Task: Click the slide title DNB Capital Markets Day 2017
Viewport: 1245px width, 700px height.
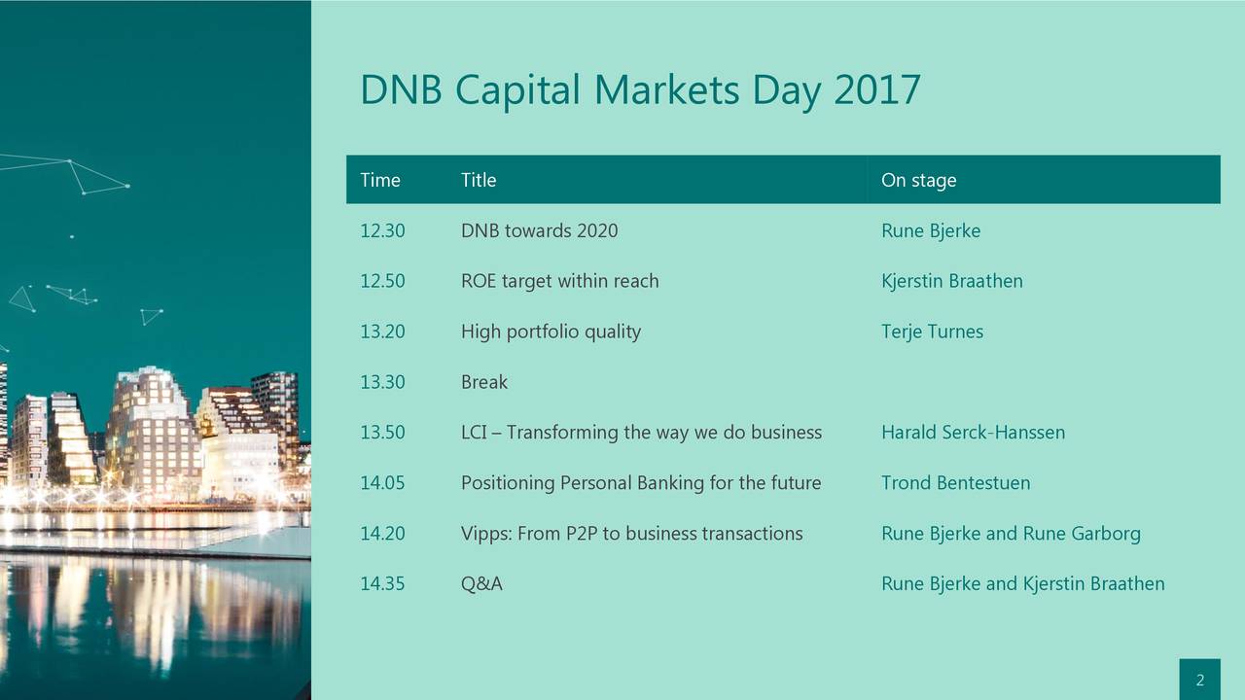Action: click(x=639, y=90)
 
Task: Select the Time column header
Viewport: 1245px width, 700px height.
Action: click(x=379, y=180)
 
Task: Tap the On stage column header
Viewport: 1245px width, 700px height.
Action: click(x=918, y=180)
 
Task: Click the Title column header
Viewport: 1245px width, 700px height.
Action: click(x=478, y=180)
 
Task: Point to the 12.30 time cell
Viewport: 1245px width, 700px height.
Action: click(x=382, y=231)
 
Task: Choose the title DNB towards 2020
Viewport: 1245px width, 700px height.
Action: click(x=539, y=231)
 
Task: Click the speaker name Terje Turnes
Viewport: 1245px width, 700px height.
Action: click(x=932, y=332)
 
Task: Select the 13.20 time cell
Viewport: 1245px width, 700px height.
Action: click(x=382, y=332)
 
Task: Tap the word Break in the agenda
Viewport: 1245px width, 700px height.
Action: click(x=483, y=382)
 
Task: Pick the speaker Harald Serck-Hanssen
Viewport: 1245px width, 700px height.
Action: click(x=973, y=433)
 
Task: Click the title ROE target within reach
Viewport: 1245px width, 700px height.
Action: click(x=559, y=282)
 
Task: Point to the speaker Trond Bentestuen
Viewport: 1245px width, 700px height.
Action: click(x=955, y=483)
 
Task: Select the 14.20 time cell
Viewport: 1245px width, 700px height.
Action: click(x=382, y=534)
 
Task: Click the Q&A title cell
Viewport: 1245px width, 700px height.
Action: click(x=481, y=584)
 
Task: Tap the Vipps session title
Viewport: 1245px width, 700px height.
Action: click(x=631, y=534)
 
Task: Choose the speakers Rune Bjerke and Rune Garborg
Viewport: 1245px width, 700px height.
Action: click(x=1011, y=534)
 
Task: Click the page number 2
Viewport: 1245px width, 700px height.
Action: click(x=1199, y=681)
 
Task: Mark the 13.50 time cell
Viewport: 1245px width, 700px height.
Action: click(x=382, y=433)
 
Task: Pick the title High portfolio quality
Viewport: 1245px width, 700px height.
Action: click(x=551, y=332)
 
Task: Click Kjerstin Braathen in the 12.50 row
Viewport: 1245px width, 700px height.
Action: click(x=951, y=282)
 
